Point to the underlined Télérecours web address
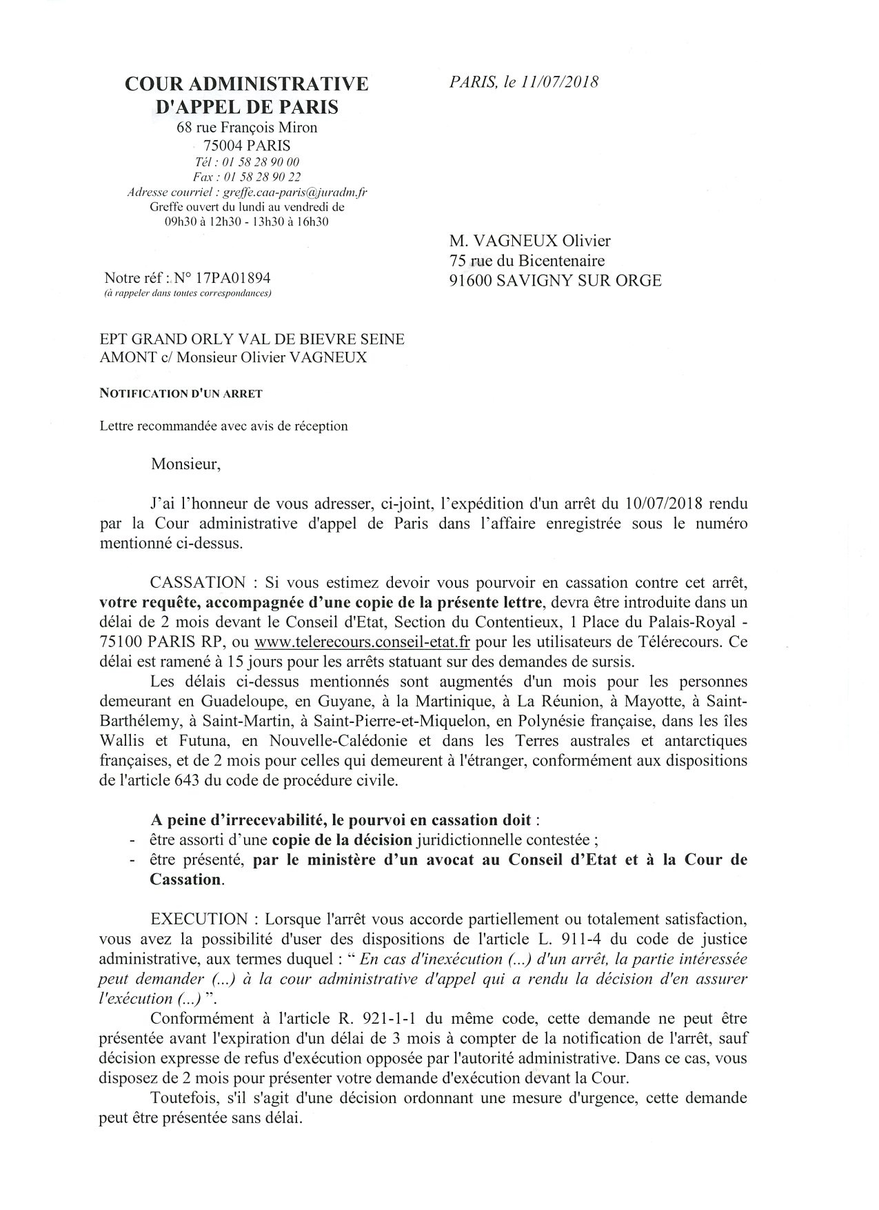(362, 641)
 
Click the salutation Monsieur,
(185, 464)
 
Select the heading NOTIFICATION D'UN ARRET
(181, 394)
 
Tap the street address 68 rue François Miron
(247, 127)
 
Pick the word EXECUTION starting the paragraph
(199, 920)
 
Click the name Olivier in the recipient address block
(586, 241)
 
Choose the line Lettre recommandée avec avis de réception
(223, 426)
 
